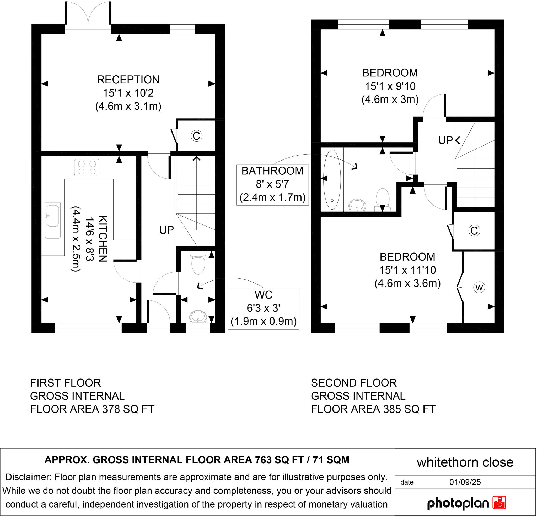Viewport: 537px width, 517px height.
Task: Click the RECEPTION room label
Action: point(128,80)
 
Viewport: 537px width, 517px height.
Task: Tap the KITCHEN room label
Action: point(102,239)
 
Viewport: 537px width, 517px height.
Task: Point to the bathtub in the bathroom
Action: point(332,180)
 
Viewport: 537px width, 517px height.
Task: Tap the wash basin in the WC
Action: point(198,317)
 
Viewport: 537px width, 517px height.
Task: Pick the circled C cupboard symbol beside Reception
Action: point(196,136)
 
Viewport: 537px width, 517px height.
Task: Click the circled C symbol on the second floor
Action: point(474,231)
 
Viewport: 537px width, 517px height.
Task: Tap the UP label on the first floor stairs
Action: point(167,230)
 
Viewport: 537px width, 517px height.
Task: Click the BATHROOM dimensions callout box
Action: point(272,185)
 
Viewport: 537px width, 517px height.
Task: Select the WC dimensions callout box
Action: point(263,309)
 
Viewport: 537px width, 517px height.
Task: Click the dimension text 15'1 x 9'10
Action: point(390,86)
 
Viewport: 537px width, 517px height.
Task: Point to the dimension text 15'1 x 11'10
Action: point(407,270)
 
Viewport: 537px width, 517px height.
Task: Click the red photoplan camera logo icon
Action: point(499,503)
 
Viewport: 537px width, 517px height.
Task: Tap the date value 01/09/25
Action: point(465,482)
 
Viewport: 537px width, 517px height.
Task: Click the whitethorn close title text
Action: point(465,462)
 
